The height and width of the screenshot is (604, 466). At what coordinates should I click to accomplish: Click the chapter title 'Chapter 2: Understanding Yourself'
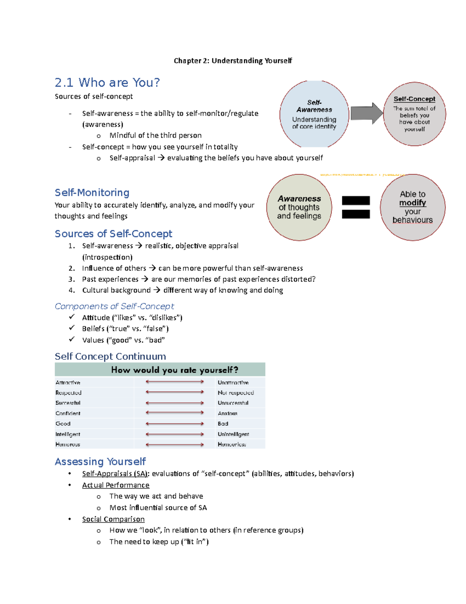[233, 61]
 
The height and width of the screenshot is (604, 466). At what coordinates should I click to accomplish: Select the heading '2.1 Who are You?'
[107, 82]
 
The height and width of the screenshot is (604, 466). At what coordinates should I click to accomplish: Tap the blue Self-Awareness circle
[314, 114]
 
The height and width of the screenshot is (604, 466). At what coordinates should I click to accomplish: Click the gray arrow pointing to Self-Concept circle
[366, 113]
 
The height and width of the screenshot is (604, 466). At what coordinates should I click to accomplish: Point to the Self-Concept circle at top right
[414, 114]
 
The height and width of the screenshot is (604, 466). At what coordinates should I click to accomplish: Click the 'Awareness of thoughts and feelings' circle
[299, 207]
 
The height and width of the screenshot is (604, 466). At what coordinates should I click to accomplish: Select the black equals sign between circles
[356, 207]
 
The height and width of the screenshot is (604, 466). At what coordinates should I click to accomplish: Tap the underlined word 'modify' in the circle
[412, 203]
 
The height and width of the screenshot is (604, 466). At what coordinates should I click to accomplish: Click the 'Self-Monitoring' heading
[92, 193]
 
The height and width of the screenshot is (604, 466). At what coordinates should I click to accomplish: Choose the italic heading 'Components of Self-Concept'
[114, 306]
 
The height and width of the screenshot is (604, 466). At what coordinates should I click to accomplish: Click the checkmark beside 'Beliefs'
[72, 328]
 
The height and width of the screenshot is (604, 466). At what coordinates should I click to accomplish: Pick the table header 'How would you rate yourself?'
[174, 369]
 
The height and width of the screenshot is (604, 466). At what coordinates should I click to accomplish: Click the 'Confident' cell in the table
[68, 413]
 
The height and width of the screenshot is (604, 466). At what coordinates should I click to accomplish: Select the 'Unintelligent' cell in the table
[233, 434]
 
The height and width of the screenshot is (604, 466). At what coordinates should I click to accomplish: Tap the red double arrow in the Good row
[175, 424]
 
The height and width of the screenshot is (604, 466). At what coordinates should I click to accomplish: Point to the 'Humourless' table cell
[232, 444]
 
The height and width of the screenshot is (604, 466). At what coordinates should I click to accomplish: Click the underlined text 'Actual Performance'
[116, 485]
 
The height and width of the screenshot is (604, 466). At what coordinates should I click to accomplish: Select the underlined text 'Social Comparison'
[113, 519]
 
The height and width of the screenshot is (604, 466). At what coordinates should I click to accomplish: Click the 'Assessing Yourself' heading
[100, 462]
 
